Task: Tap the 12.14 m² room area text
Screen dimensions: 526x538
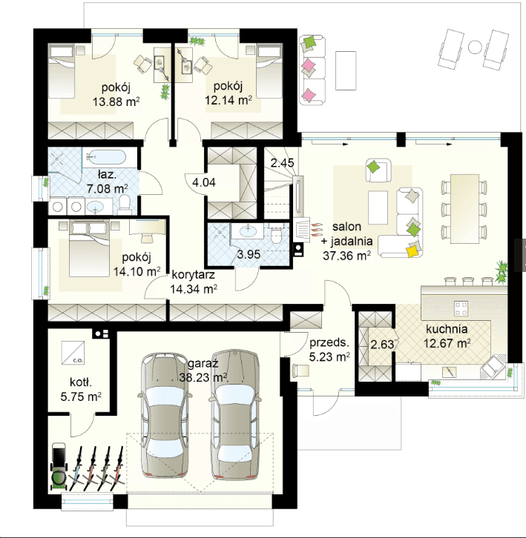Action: pyautogui.click(x=229, y=100)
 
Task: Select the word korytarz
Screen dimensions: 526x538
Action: pyautogui.click(x=193, y=275)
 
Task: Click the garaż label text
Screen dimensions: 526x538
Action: pyautogui.click(x=203, y=363)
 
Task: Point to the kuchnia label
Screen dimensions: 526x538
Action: pyautogui.click(x=447, y=329)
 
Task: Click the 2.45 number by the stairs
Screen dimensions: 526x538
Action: pyautogui.click(x=282, y=162)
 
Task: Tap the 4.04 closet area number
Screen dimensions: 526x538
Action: pyautogui.click(x=204, y=182)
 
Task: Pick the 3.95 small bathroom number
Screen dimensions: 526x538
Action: pyautogui.click(x=249, y=254)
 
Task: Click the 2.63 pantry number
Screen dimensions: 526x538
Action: pyautogui.click(x=382, y=344)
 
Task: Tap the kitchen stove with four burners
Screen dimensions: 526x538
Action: pyautogui.click(x=461, y=308)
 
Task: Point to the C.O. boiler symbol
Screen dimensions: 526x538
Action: pyautogui.click(x=73, y=353)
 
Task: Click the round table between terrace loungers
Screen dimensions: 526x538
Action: pyautogui.click(x=475, y=47)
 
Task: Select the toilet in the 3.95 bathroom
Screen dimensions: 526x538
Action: pyautogui.click(x=275, y=233)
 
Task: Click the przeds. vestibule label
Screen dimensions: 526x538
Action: pyautogui.click(x=329, y=342)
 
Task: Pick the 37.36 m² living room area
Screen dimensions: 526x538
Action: pyautogui.click(x=346, y=256)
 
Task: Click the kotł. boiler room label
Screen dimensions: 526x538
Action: pyautogui.click(x=81, y=382)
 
